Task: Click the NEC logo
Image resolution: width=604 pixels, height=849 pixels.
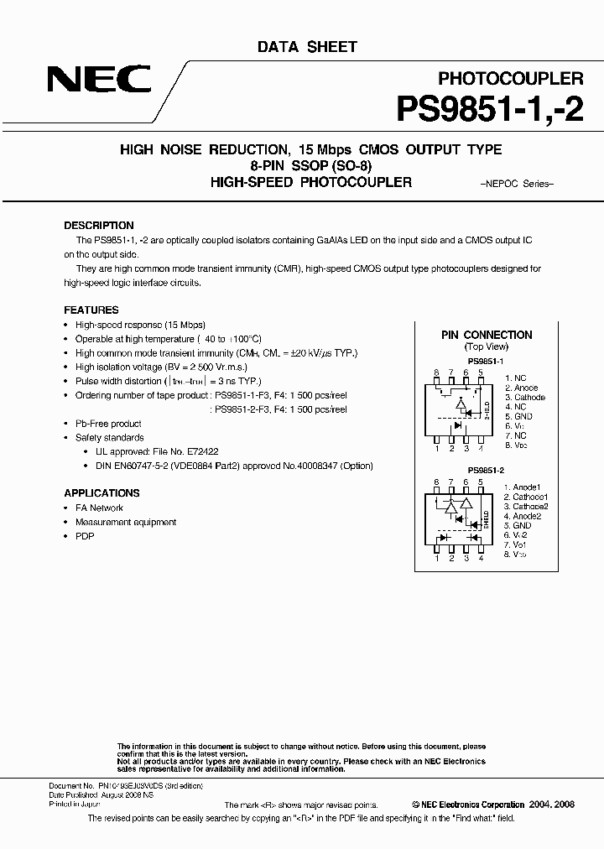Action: pyautogui.click(x=99, y=81)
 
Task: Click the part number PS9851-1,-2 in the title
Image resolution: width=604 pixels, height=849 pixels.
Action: pyautogui.click(x=488, y=110)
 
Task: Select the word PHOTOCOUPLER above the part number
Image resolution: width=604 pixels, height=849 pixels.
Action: pyautogui.click(x=511, y=78)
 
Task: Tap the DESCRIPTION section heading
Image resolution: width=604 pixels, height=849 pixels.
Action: pyautogui.click(x=99, y=226)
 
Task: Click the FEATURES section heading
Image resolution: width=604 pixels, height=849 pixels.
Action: pyautogui.click(x=91, y=310)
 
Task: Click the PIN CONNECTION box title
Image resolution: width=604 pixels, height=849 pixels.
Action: pyautogui.click(x=487, y=335)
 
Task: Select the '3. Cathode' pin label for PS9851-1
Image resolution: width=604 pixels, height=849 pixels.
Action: pyautogui.click(x=524, y=398)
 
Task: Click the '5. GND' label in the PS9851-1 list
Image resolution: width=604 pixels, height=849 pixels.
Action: pyautogui.click(x=518, y=416)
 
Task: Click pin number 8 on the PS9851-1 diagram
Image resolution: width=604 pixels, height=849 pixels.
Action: pyautogui.click(x=436, y=372)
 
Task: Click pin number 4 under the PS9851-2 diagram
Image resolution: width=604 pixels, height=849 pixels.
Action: pyautogui.click(x=481, y=558)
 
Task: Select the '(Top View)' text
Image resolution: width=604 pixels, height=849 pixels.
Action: pyautogui.click(x=486, y=346)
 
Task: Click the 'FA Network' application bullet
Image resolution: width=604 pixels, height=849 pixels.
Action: pyautogui.click(x=99, y=508)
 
